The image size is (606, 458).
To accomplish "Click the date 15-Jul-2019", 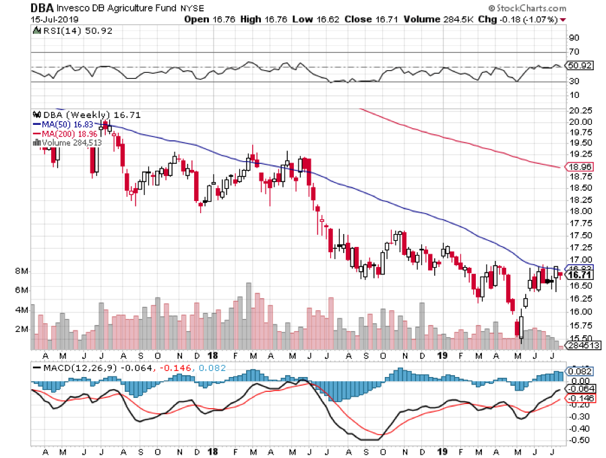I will click(30, 20).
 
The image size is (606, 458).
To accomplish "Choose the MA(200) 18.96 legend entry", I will click(65, 134).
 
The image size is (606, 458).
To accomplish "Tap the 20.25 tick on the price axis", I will click(580, 111).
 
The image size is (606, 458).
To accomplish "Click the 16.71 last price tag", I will click(580, 275).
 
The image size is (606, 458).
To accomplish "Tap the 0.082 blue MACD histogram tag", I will click(580, 370).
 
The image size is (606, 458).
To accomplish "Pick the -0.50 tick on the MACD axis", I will click(579, 440).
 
